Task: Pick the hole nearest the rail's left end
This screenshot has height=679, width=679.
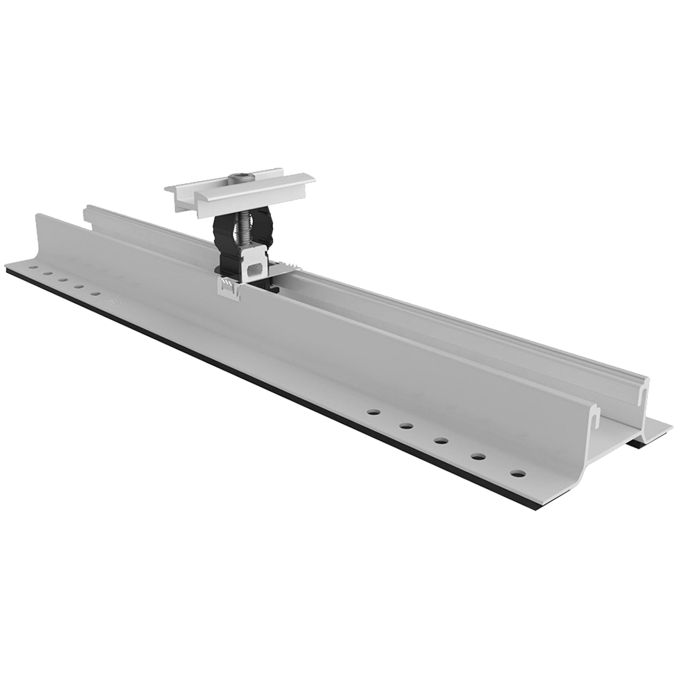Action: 31,270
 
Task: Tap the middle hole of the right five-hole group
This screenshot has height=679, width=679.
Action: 441,441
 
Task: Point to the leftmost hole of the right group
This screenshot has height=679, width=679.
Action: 372,411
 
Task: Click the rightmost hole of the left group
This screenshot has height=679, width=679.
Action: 95,293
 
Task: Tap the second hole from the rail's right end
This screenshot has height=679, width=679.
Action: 479,456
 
